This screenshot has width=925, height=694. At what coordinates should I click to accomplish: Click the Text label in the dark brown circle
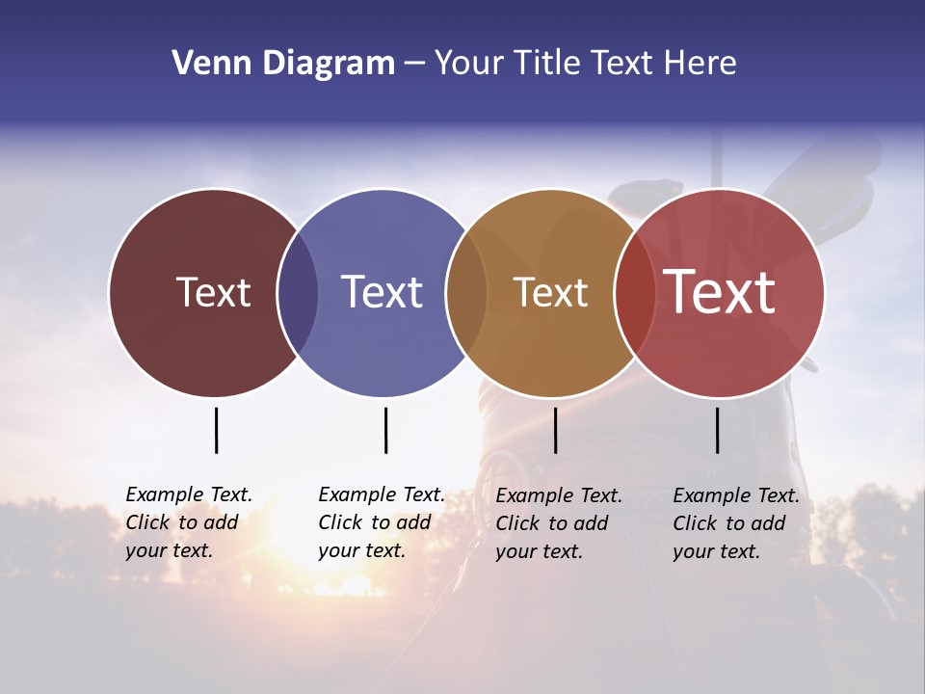(x=213, y=292)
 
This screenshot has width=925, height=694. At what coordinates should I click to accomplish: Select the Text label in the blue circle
(x=383, y=292)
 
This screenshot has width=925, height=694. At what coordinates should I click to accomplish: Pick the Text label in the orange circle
(x=550, y=292)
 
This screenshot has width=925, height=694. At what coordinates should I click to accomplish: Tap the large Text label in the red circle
(x=719, y=292)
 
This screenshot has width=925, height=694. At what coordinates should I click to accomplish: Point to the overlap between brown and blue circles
(x=298, y=292)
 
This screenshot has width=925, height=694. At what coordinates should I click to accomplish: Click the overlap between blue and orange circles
(x=466, y=292)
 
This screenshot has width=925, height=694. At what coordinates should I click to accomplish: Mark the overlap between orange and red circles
(x=634, y=292)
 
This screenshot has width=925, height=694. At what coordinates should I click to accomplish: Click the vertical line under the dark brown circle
(x=216, y=430)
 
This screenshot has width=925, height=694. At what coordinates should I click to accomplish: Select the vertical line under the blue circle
(x=385, y=430)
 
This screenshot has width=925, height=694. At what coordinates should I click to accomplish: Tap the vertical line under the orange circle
(x=555, y=430)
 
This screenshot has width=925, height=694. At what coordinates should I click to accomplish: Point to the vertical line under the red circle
(x=717, y=430)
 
